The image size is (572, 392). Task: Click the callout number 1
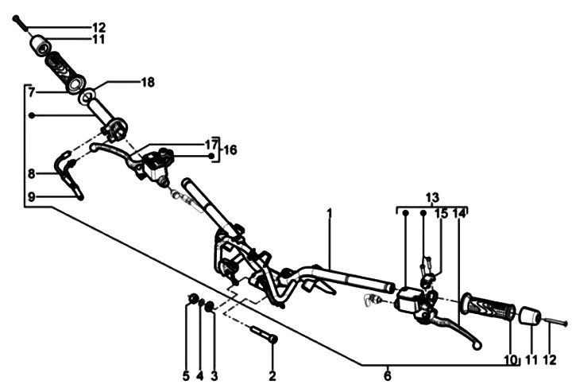328,213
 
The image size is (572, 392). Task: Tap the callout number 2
272,375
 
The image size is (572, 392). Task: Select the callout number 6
387,375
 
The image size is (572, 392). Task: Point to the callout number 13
431,196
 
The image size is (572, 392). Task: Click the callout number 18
148,82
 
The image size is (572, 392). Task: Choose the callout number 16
230,149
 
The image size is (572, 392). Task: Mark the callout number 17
211,144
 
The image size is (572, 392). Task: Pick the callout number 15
441,213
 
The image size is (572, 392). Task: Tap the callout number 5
186,375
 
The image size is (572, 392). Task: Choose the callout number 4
200,375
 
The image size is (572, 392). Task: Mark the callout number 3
214,375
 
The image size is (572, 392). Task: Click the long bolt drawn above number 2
264,334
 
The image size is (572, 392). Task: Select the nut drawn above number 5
191,299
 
